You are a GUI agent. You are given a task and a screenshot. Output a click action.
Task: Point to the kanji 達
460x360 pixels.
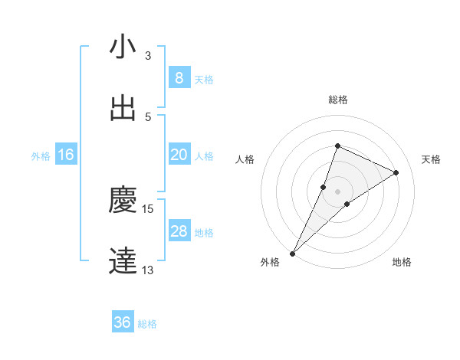pyautogui.click(x=123, y=260)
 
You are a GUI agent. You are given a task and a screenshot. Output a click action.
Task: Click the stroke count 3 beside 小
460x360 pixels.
pyautogui.click(x=148, y=55)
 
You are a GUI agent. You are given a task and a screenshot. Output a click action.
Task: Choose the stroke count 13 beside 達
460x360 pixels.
pyautogui.click(x=148, y=270)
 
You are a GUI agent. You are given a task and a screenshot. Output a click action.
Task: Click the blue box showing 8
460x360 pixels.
pyautogui.click(x=179, y=77)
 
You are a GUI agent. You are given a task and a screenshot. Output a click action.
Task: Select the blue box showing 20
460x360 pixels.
pyautogui.click(x=179, y=155)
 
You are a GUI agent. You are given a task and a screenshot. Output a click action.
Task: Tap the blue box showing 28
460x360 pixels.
pyautogui.click(x=179, y=231)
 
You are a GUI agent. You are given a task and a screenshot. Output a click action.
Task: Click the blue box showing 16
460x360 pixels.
pyautogui.click(x=66, y=155)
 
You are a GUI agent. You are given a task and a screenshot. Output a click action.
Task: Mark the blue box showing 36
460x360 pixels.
pyautogui.click(x=123, y=322)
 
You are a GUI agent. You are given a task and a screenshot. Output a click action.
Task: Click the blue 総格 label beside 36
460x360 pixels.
pyautogui.click(x=147, y=324)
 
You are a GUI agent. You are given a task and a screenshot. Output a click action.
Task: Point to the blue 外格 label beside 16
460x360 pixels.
pyautogui.click(x=41, y=156)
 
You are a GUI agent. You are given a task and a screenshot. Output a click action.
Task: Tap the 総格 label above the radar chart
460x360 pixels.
pyautogui.click(x=337, y=100)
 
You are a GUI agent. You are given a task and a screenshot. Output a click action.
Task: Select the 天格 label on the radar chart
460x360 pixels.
pyautogui.click(x=431, y=159)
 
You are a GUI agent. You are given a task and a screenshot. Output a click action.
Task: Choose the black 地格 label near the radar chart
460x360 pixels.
pyautogui.click(x=402, y=262)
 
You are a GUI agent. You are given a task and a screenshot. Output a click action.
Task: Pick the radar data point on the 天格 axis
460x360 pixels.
pyautogui.click(x=396, y=172)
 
